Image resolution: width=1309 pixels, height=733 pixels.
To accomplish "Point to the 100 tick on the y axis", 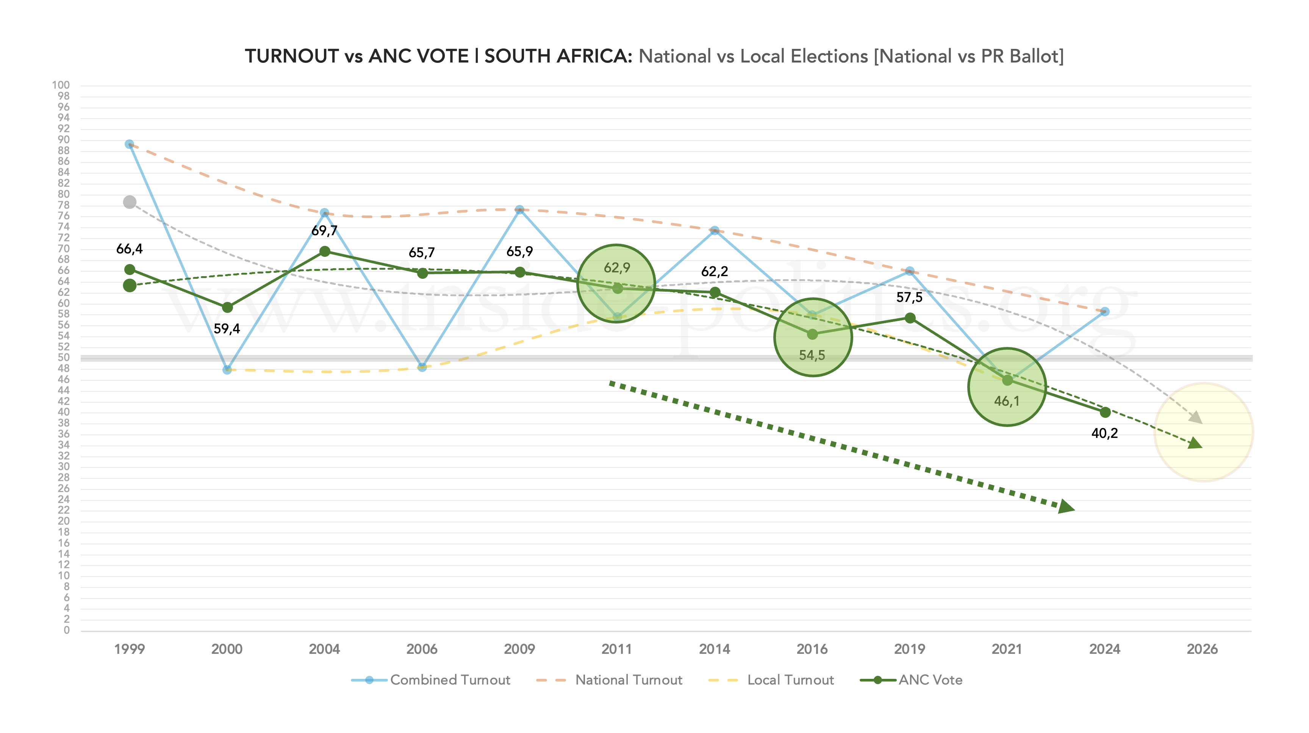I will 61,85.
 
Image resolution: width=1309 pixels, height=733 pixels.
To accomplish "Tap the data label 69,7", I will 324,231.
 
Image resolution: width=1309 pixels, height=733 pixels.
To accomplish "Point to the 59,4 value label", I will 227,329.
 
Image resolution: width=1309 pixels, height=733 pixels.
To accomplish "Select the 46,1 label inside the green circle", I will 1007,401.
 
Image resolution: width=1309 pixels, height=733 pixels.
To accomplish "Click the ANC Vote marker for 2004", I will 325,252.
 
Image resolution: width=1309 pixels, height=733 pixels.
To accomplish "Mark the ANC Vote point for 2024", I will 1105,412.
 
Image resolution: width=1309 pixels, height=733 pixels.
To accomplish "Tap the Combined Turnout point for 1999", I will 130,144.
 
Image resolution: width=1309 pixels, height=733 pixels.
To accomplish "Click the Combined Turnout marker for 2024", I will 1105,311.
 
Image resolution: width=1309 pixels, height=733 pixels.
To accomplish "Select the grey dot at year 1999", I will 130,202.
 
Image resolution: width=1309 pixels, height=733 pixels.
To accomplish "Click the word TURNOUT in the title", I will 291,56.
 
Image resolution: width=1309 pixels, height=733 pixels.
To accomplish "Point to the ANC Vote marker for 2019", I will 910,318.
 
